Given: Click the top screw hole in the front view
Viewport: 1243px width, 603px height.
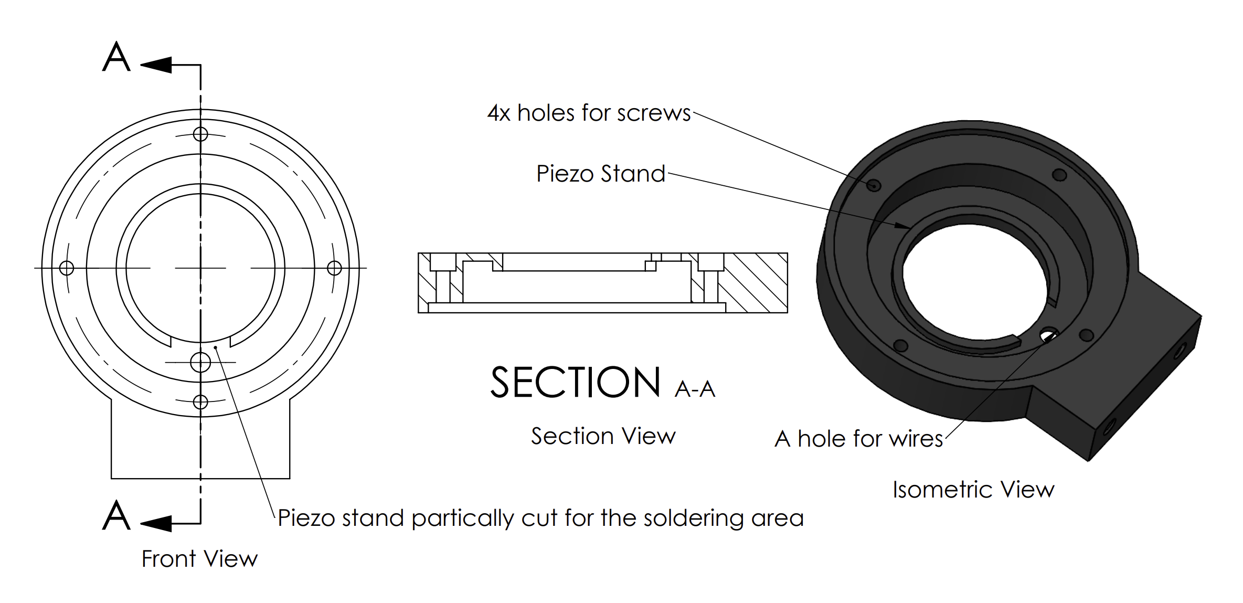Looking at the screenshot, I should coord(200,134).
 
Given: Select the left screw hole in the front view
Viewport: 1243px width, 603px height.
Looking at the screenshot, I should coord(67,268).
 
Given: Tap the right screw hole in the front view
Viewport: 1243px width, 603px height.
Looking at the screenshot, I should coord(334,268).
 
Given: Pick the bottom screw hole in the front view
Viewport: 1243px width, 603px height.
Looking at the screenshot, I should coord(200,402).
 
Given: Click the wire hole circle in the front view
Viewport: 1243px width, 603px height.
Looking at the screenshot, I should coord(200,362).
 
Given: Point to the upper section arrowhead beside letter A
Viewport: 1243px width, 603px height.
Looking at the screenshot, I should coord(156,65).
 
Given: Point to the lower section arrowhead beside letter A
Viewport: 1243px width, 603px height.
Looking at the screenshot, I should coord(156,523).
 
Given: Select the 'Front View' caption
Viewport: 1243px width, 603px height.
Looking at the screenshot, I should coord(199,558).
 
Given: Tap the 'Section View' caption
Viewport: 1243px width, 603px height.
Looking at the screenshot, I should coord(603,436).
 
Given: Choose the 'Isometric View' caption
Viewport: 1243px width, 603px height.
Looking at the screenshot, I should coord(973,490).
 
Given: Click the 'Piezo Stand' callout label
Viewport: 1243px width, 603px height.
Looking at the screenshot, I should coord(600,174).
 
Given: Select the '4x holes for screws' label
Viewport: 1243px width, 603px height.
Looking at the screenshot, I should coord(589,113).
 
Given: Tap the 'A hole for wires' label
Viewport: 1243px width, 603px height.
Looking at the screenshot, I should coord(858,439).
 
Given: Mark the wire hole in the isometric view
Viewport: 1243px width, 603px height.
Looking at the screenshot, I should coord(1049,334).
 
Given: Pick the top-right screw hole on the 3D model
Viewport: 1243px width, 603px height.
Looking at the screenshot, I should coord(1059,175).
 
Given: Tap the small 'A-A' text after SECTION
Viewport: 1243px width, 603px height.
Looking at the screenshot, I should coord(695,389).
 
